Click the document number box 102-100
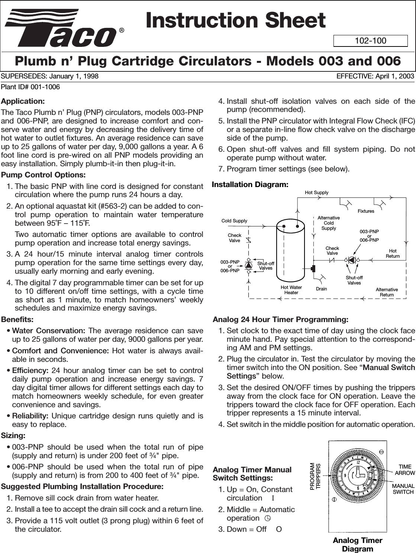pos(370,41)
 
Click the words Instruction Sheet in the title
pos(235,20)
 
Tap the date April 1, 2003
pos(393,76)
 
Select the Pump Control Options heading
pos(43,175)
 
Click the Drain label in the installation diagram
pos(322,289)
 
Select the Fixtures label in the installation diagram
pos(366,211)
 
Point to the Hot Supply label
pos(317,192)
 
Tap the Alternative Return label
pos(387,292)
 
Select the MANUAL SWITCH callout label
pos(403,489)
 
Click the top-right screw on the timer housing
pos(381,451)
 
